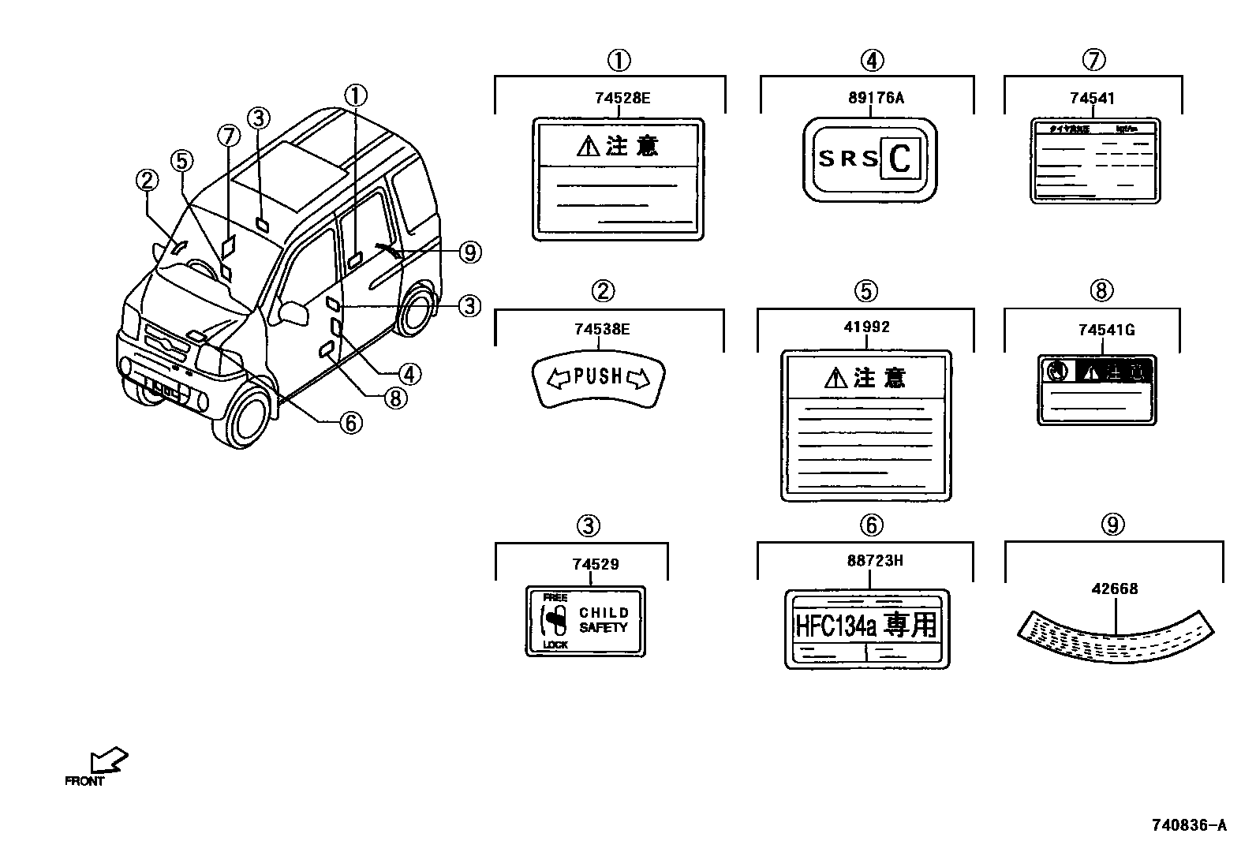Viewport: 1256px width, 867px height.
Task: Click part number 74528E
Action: [622, 98]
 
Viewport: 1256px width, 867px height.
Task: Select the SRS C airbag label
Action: [869, 159]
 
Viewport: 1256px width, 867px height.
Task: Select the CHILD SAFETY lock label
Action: [585, 621]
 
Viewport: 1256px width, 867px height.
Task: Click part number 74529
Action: [595, 564]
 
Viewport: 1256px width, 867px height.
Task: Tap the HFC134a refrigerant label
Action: [866, 628]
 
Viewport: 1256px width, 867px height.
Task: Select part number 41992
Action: [866, 327]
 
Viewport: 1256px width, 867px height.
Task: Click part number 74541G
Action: [1106, 330]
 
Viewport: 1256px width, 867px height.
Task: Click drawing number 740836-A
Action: [1188, 826]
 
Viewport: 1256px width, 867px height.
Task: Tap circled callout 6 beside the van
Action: [350, 423]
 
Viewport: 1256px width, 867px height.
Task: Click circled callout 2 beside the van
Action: [146, 181]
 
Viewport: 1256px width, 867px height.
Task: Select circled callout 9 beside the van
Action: [469, 252]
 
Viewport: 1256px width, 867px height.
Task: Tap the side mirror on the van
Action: [293, 312]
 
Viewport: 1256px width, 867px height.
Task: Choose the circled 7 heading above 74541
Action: [1093, 60]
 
